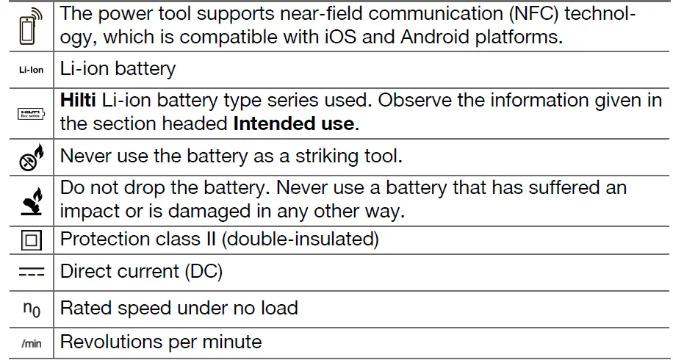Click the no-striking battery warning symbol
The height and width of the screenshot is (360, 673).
(x=29, y=156)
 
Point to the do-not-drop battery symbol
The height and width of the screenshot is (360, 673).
(x=29, y=199)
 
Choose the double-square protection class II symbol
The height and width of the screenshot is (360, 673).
(x=29, y=240)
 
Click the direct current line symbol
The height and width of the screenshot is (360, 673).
(x=29, y=273)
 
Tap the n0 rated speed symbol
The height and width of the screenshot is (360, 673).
(x=29, y=309)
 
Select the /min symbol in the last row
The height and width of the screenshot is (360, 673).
(x=29, y=343)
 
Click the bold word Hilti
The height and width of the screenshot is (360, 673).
(x=78, y=101)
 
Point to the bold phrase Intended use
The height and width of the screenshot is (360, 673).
(x=294, y=123)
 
